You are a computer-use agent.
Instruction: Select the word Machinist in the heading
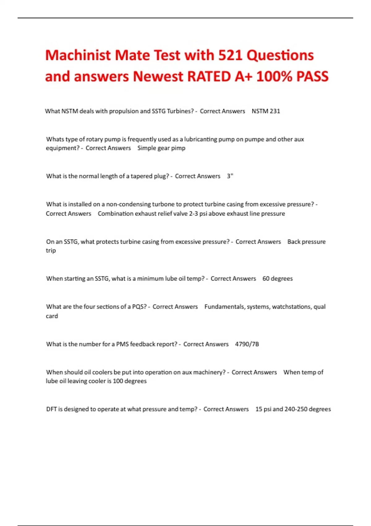click(x=78, y=55)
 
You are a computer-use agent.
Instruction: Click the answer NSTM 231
click(x=266, y=111)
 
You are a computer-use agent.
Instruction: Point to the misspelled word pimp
click(x=178, y=148)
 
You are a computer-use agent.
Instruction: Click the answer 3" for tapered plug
click(x=230, y=176)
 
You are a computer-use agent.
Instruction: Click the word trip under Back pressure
click(x=51, y=251)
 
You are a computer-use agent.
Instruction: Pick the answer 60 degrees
click(x=277, y=278)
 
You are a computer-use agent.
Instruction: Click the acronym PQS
click(x=139, y=307)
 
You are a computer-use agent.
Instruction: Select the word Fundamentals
click(x=224, y=307)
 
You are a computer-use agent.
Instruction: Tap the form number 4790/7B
click(x=247, y=344)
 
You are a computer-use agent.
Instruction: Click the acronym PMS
click(x=122, y=344)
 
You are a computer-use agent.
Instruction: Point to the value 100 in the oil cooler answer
click(x=118, y=381)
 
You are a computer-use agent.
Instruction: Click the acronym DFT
click(x=51, y=409)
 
